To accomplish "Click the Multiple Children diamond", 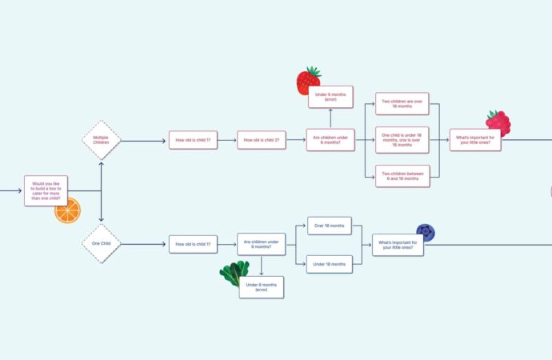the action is (102, 140).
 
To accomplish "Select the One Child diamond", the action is (102, 243).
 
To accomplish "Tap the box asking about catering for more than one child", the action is (46, 190).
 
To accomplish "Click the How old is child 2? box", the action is (262, 140).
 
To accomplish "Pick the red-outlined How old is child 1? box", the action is (193, 140).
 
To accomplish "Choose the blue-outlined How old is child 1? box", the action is (193, 244).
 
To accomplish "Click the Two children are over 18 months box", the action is (402, 104).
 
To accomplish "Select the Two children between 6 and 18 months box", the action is (402, 176).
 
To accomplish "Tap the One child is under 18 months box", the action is (402, 140).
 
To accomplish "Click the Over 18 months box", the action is (330, 226).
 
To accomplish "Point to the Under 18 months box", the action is (330, 264).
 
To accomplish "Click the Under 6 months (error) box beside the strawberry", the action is (330, 97).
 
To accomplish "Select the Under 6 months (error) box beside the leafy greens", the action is (262, 287).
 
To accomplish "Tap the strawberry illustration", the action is (307, 81).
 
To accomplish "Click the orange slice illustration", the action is (67, 210).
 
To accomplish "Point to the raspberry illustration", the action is (498, 122).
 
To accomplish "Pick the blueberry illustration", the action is (426, 232).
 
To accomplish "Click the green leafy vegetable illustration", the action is (234, 272).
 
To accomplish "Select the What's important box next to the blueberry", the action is (398, 245).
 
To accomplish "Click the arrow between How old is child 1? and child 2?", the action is (227, 140).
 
